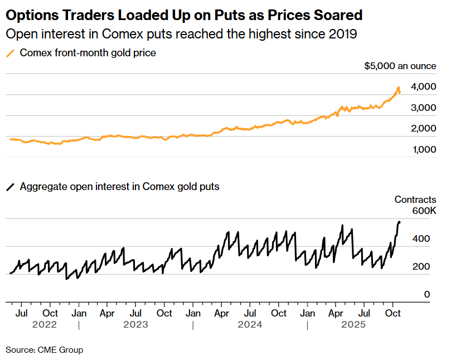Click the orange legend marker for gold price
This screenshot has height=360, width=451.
click(10, 53)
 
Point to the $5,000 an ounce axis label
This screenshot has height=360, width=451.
click(400, 66)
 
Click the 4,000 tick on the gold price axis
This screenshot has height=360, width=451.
click(423, 87)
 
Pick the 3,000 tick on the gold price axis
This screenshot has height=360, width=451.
click(423, 108)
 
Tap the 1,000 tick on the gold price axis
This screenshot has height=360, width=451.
click(423, 149)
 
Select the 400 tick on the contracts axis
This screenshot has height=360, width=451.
click(421, 239)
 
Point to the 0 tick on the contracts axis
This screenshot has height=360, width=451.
click(426, 294)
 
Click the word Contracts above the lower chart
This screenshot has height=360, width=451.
click(415, 200)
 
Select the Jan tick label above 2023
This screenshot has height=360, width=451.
click(79, 314)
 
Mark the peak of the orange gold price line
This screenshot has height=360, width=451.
click(398, 87)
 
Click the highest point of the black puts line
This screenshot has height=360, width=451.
click(399, 222)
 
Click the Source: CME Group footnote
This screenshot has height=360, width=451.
click(44, 350)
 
